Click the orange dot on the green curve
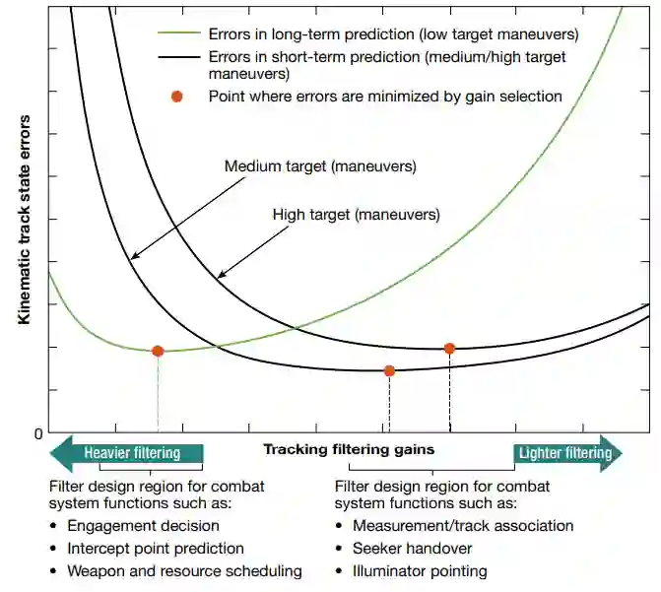(x=158, y=351)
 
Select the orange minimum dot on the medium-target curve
(x=389, y=370)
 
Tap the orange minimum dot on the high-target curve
(x=450, y=348)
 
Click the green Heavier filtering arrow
(x=126, y=453)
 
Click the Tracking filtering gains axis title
(x=349, y=449)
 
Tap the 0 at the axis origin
(x=38, y=434)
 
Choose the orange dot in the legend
(x=177, y=97)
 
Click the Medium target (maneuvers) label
(x=320, y=166)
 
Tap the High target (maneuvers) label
(x=356, y=214)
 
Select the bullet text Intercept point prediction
(x=155, y=549)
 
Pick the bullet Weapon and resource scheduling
(x=184, y=571)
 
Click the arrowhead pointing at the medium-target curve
(x=133, y=257)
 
